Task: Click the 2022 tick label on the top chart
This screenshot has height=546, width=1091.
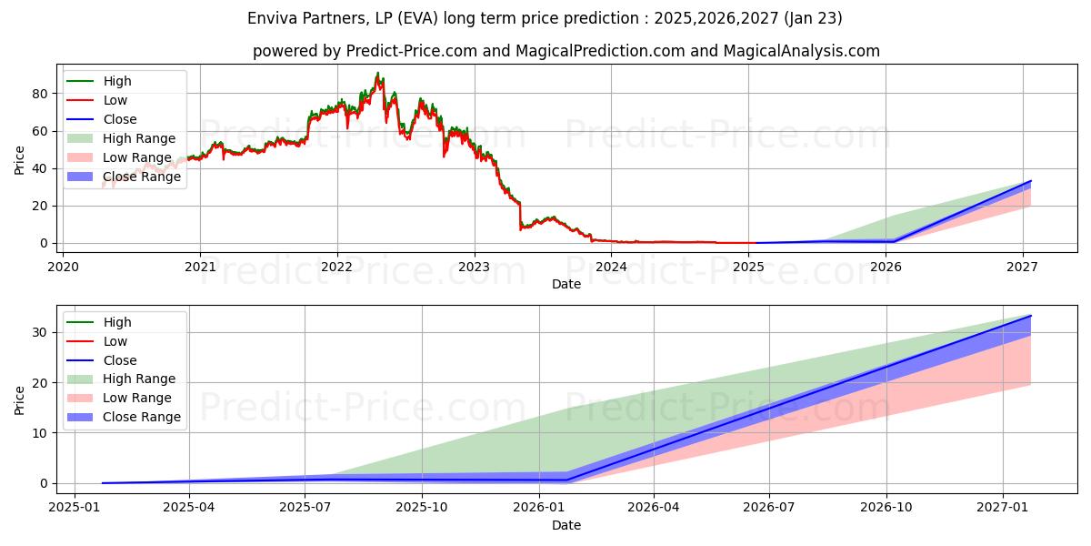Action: (336, 267)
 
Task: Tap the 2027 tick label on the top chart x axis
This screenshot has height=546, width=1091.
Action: (1023, 267)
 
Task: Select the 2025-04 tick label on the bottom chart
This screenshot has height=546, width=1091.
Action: (189, 507)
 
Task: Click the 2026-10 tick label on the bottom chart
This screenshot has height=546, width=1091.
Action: (886, 507)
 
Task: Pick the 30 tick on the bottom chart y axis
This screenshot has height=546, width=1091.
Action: (41, 332)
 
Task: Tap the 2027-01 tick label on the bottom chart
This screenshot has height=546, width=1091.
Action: (1003, 507)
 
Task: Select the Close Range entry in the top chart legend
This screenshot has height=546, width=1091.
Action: (142, 177)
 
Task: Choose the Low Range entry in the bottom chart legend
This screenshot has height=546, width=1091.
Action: (137, 398)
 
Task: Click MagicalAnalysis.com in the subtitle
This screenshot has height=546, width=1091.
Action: (801, 51)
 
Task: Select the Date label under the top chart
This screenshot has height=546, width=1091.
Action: (566, 284)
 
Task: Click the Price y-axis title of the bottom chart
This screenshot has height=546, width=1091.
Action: (20, 399)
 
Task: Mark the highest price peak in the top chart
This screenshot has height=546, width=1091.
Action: (377, 73)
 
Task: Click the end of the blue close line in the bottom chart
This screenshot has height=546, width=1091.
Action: (1030, 316)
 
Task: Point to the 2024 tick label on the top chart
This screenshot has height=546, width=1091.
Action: (611, 267)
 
